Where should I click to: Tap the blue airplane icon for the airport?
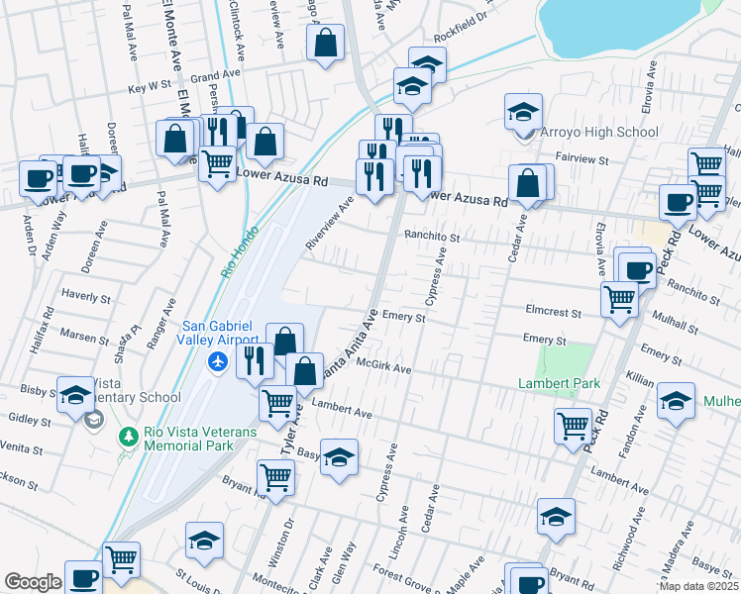(217, 362)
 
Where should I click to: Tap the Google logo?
(33, 582)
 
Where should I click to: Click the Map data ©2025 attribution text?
(698, 586)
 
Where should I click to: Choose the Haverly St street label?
(85, 296)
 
